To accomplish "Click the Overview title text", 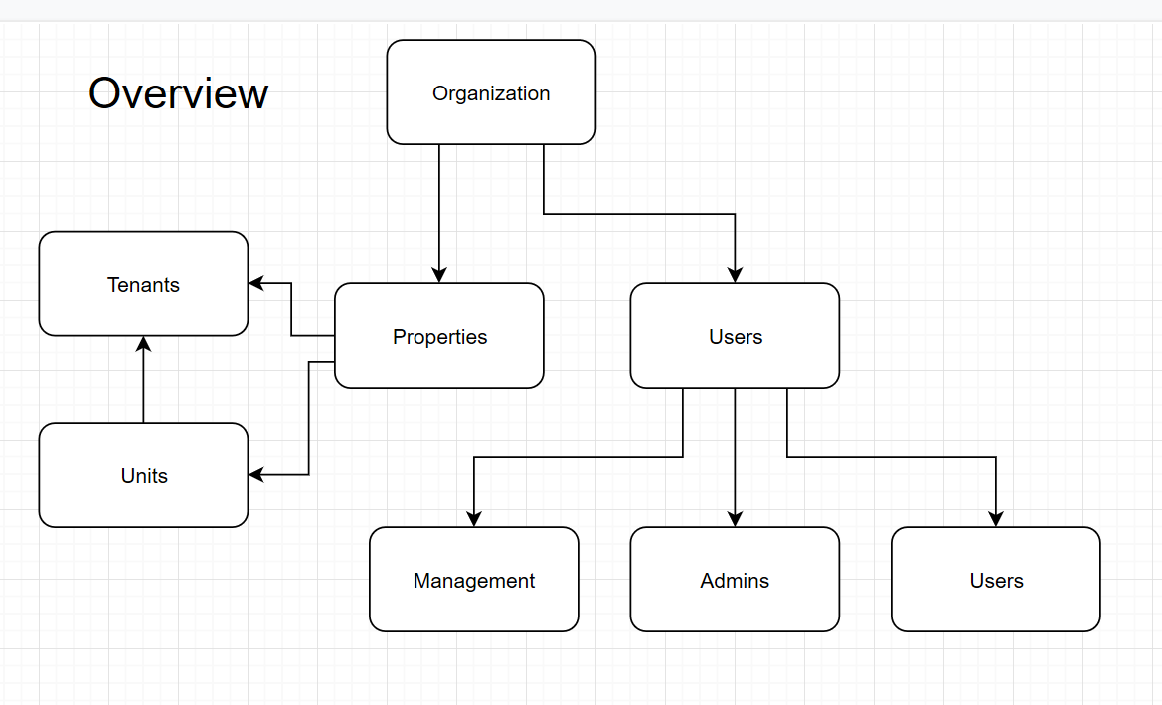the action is [x=178, y=93].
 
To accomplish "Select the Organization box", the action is [x=491, y=91].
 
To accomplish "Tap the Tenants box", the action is [x=143, y=284].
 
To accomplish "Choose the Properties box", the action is [x=438, y=336].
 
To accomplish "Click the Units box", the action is [x=143, y=475].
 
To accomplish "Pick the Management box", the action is [x=473, y=580].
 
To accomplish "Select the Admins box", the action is [x=735, y=580].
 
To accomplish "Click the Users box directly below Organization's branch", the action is [x=735, y=336].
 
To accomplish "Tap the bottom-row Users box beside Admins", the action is [x=995, y=580].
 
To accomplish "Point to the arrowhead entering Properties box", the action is [x=438, y=275].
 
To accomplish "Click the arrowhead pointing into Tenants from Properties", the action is [x=256, y=284].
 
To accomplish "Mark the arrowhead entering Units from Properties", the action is [x=256, y=475].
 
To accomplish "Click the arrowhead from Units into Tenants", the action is [x=143, y=344].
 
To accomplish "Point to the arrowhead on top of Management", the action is [x=473, y=519].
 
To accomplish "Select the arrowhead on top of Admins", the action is [x=735, y=519].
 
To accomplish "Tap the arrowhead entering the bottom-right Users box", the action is [x=995, y=519].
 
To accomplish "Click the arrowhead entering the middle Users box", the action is [x=735, y=275].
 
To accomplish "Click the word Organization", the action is [x=491, y=94].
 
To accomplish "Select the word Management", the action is [x=473, y=581].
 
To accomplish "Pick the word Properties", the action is [x=439, y=337].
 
